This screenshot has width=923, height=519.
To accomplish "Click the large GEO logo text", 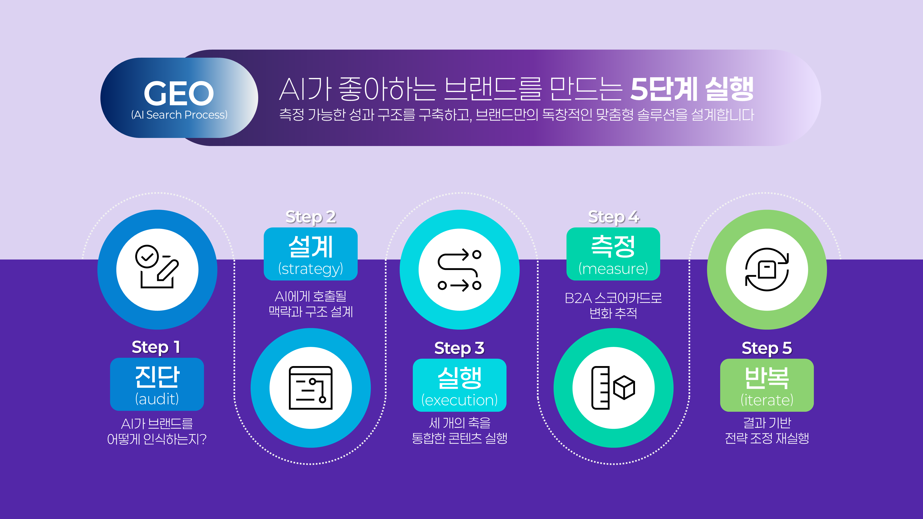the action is pyautogui.click(x=179, y=93).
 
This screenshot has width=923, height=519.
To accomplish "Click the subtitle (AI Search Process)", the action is pyautogui.click(x=179, y=115).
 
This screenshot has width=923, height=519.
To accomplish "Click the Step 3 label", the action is pyautogui.click(x=459, y=348).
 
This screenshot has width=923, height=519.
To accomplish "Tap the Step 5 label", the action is pyautogui.click(x=767, y=348).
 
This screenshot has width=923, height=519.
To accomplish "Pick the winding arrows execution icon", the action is pyautogui.click(x=459, y=269).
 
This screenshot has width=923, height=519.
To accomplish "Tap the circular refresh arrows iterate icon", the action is pyautogui.click(x=767, y=269).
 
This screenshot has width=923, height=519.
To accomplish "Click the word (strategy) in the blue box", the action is pyautogui.click(x=311, y=269).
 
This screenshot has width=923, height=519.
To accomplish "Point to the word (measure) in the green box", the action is pyautogui.click(x=613, y=269).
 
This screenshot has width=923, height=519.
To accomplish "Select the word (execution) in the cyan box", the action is pyautogui.click(x=459, y=400).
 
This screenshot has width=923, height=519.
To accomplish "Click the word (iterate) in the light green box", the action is pyautogui.click(x=767, y=400).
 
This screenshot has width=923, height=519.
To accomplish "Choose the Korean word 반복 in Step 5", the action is pyautogui.click(x=767, y=378).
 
